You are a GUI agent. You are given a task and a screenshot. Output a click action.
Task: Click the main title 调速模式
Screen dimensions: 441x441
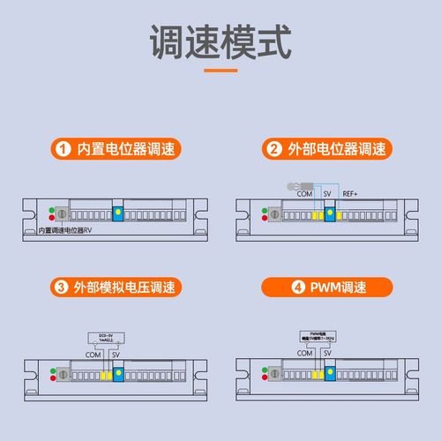220,44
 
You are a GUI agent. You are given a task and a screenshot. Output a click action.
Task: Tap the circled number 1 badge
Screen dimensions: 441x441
62,147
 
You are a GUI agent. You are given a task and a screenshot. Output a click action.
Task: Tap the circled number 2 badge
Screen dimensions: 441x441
274,147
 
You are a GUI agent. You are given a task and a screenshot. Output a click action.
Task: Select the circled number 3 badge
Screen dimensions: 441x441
62,287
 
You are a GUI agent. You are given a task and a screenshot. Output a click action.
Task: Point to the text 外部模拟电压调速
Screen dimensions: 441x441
125,287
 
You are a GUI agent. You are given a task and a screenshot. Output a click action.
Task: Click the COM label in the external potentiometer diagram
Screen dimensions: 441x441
305,193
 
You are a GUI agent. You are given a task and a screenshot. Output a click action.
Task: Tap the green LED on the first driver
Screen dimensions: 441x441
53,211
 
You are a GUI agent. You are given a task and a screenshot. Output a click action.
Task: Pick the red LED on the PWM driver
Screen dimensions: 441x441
265,377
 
